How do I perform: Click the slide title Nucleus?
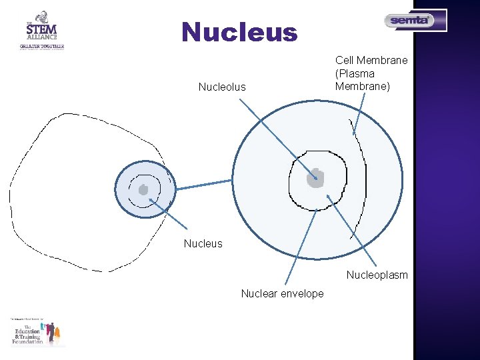pos(239,32)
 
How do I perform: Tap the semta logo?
pos(415,21)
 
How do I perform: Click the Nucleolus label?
pos(222,87)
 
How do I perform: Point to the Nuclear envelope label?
pos(282,293)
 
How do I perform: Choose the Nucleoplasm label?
pos(377,275)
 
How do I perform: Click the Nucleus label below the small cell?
pos(203,243)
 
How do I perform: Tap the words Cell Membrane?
pos(371,61)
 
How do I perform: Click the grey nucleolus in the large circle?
pos(315,177)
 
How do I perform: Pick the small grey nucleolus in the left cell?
pos(143,189)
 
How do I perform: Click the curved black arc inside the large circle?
pos(364,180)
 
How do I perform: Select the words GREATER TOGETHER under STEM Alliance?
pos(41,47)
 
